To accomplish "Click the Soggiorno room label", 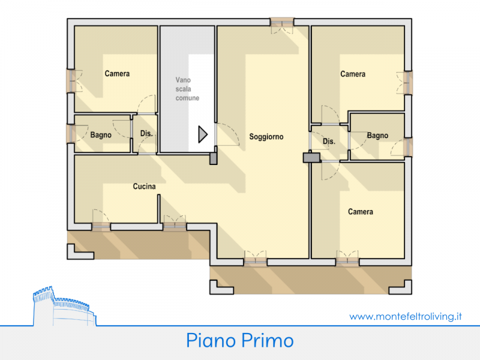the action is pyautogui.click(x=266, y=137).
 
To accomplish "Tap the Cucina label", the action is pyautogui.click(x=144, y=187).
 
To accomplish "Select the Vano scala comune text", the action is pyautogui.click(x=187, y=89).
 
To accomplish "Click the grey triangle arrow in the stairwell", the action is pyautogui.click(x=203, y=134).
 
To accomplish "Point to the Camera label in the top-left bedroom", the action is pyautogui.click(x=117, y=73).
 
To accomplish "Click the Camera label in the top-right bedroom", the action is pyautogui.click(x=353, y=74).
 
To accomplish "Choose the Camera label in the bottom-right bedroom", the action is pyautogui.click(x=361, y=212).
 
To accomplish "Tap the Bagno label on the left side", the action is pyautogui.click(x=101, y=135).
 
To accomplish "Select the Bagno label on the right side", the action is pyautogui.click(x=377, y=136).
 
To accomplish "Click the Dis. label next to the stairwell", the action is pyautogui.click(x=146, y=133).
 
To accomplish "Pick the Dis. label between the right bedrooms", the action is pyautogui.click(x=329, y=142).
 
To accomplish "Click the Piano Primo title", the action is pyautogui.click(x=240, y=340).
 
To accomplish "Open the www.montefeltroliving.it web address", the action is pyautogui.click(x=406, y=316).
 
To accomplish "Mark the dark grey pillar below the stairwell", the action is pyautogui.click(x=214, y=159).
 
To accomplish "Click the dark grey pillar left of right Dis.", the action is pyautogui.click(x=311, y=158).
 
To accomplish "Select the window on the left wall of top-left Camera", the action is pyautogui.click(x=71, y=81).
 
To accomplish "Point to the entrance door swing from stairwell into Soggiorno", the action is pyautogui.click(x=227, y=134).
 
